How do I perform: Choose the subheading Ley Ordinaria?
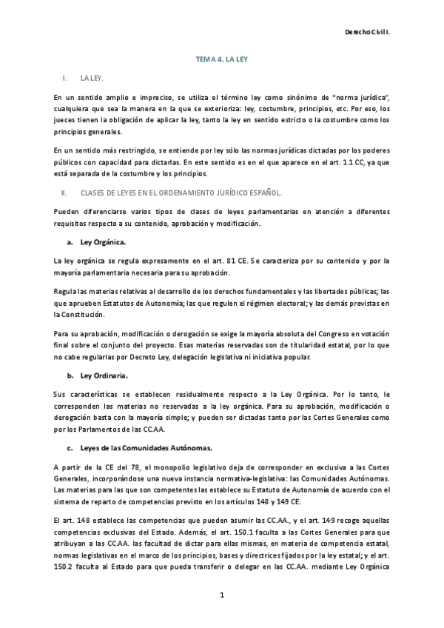104,375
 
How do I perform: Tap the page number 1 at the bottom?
221,594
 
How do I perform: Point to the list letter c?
69,447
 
